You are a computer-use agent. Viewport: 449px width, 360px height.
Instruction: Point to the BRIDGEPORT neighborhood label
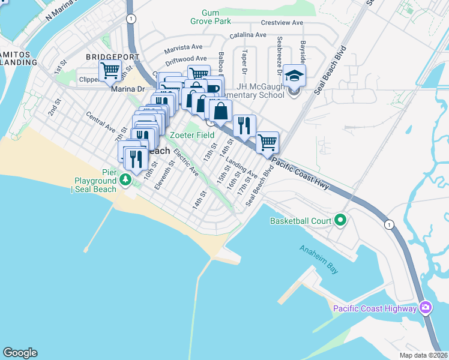point(112,56)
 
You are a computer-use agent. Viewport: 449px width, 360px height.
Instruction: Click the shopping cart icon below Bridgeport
point(110,71)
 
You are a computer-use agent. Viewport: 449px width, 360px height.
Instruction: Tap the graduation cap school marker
point(294,76)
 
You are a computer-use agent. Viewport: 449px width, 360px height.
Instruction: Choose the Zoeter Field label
point(191,135)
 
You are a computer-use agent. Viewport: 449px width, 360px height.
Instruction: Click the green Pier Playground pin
point(125,179)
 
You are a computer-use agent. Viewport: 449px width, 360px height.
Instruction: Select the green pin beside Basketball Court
point(340,220)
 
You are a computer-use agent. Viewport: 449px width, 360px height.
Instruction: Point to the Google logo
point(20,353)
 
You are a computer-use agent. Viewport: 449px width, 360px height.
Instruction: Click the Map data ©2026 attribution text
point(423,355)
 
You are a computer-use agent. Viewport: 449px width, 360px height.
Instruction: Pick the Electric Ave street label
point(185,161)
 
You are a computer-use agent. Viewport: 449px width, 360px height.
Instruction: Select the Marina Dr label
point(128,89)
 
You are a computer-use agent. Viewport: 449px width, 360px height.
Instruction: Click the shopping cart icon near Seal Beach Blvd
point(267,143)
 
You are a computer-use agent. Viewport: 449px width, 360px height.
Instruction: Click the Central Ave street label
point(100,121)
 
